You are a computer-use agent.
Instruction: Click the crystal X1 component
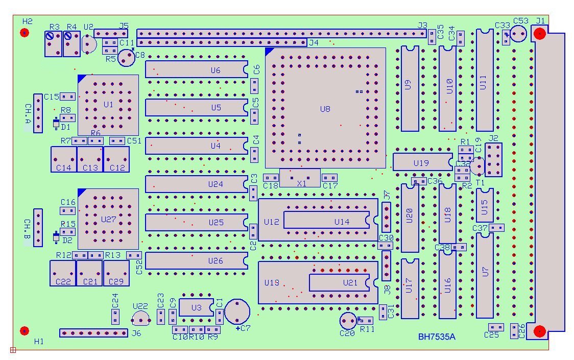[300, 178]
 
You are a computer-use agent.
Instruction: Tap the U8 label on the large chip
[325, 109]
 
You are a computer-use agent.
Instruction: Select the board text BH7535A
[437, 337]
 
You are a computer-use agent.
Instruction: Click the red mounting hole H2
[25, 33]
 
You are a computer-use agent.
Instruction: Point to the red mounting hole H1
[25, 330]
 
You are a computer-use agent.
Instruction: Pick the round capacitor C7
[237, 311]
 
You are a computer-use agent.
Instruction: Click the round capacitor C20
[348, 321]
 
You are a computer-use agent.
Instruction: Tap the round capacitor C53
[518, 34]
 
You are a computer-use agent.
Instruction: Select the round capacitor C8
[126, 58]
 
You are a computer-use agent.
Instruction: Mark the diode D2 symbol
[56, 237]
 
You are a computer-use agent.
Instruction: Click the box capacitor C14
[63, 159]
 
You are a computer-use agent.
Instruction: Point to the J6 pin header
[93, 333]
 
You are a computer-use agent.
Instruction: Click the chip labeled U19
[422, 162]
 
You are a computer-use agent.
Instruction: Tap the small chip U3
[196, 307]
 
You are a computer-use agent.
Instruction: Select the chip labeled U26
[197, 260]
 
